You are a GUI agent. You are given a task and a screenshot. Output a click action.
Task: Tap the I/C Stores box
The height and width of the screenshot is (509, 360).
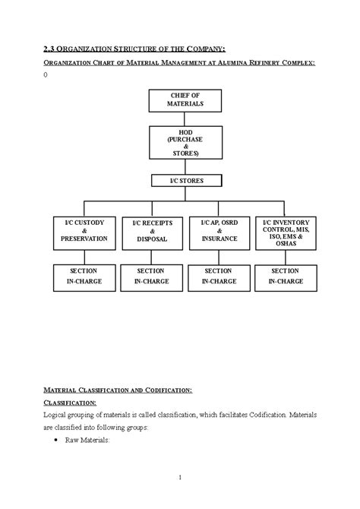click(x=186, y=181)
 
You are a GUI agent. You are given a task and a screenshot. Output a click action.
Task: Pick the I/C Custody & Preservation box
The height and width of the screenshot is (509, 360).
click(x=84, y=231)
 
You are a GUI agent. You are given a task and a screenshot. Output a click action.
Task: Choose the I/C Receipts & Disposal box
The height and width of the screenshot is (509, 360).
click(x=152, y=231)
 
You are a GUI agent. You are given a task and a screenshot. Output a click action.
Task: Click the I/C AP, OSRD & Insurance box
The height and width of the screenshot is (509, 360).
click(x=220, y=231)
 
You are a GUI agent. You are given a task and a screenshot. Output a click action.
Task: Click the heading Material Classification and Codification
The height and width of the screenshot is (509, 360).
click(x=117, y=390)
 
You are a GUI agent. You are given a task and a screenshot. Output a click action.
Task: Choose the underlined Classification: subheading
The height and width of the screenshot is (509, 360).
click(x=69, y=403)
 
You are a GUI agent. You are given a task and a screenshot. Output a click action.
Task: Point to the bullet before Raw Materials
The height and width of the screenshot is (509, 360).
click(x=58, y=441)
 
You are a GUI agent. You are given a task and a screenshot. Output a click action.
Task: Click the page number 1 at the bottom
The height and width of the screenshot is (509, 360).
click(x=179, y=477)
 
